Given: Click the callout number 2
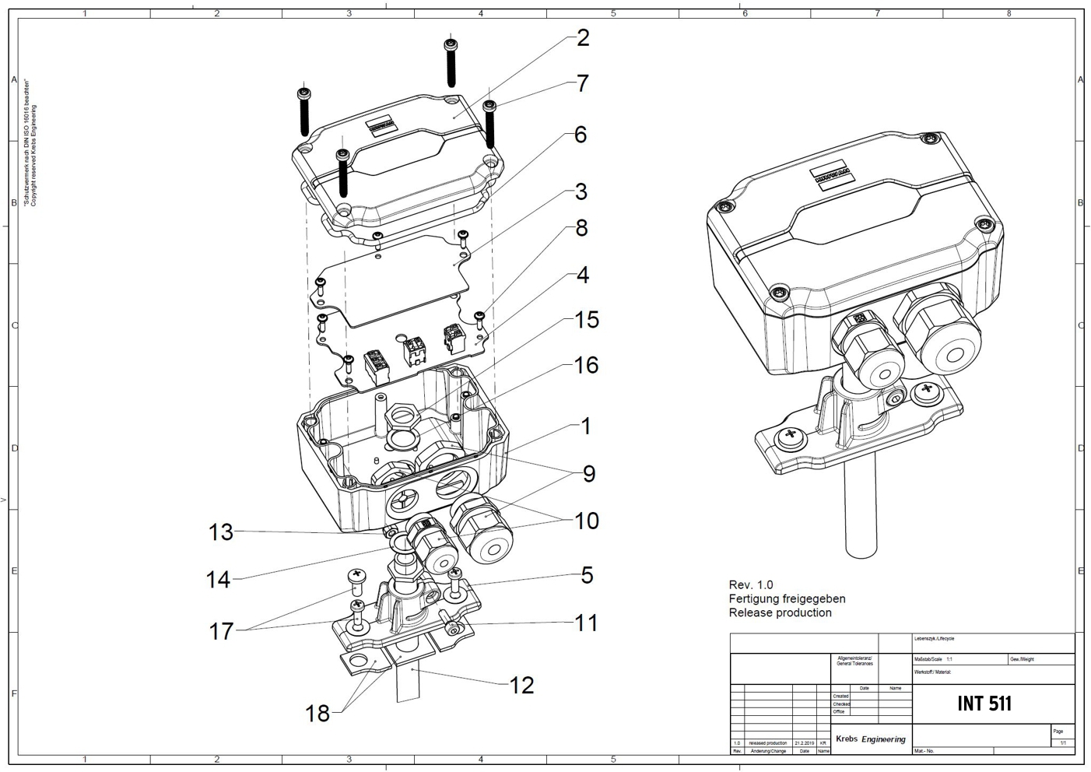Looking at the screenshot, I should pyautogui.click(x=583, y=38).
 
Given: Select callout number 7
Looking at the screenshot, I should pyautogui.click(x=583, y=83).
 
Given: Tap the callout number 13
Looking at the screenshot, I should pyautogui.click(x=220, y=532).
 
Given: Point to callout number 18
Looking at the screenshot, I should pyautogui.click(x=317, y=713).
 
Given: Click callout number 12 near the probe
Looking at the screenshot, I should pyautogui.click(x=521, y=685).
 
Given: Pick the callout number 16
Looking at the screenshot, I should pyautogui.click(x=586, y=365).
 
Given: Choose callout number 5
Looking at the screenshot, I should pyautogui.click(x=587, y=575).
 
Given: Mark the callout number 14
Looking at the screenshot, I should pyautogui.click(x=219, y=580).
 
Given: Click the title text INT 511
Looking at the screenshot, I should pyautogui.click(x=984, y=704).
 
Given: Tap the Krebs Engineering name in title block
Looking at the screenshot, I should pyautogui.click(x=870, y=739).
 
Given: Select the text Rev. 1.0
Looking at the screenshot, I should pyautogui.click(x=751, y=584).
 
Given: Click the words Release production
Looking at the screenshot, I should pyautogui.click(x=780, y=612).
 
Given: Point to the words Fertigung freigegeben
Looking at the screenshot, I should pyautogui.click(x=787, y=598).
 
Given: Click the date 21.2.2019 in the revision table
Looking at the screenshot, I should pyautogui.click(x=804, y=743).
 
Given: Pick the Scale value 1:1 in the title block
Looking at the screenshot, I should pyautogui.click(x=949, y=659).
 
